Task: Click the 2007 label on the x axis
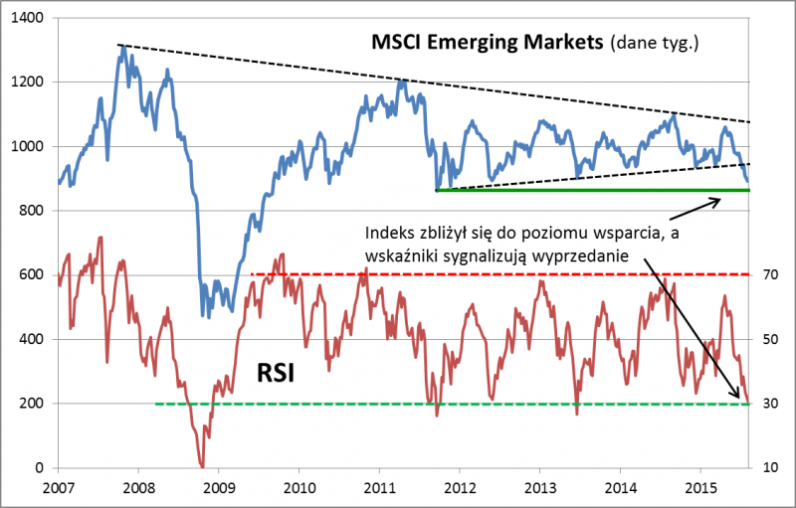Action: pyautogui.click(x=59, y=488)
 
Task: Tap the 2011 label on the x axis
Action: pyautogui.click(x=379, y=488)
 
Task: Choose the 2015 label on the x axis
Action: pyautogui.click(x=699, y=488)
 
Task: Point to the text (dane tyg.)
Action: pyautogui.click(x=658, y=43)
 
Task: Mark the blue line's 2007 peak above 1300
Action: pyautogui.click(x=120, y=47)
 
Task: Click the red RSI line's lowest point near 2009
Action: pyautogui.click(x=202, y=465)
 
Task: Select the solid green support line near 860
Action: pyautogui.click(x=597, y=189)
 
